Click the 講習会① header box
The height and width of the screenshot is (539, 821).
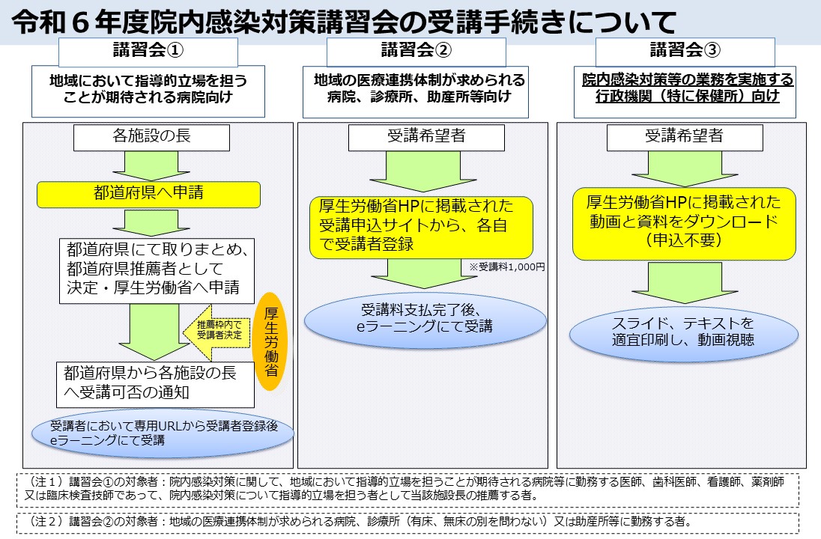pos(148,52)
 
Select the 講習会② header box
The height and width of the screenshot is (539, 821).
pos(416,52)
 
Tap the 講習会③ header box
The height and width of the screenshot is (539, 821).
pos(685,52)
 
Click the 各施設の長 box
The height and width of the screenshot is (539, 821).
pos(148,138)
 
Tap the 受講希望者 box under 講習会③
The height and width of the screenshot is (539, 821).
pos(684,138)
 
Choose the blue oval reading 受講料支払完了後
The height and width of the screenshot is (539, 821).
pos(425,319)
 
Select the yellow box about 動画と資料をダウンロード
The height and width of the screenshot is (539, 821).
pos(683,222)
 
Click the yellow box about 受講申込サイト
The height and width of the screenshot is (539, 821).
pos(422,226)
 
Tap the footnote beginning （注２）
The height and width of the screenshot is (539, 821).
pos(408,522)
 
